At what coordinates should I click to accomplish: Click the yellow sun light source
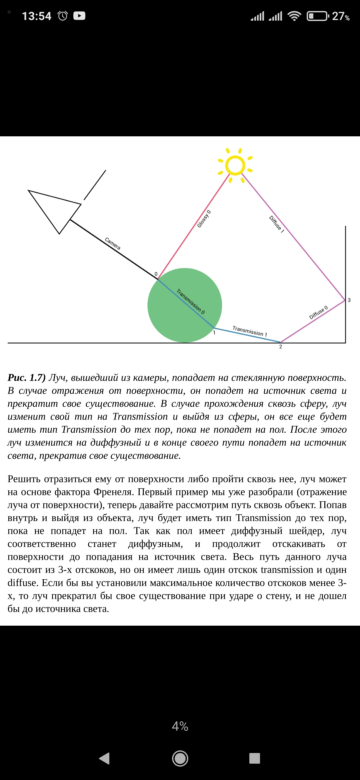(x=235, y=165)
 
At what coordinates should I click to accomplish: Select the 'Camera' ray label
(x=113, y=244)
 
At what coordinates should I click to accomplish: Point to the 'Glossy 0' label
(x=204, y=219)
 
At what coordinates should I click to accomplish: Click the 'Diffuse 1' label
(x=276, y=224)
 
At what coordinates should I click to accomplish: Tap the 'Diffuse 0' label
(x=318, y=312)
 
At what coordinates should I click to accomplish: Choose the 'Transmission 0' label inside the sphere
(x=191, y=301)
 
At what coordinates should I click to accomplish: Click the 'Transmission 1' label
(x=250, y=331)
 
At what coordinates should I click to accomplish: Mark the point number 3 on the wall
(x=349, y=300)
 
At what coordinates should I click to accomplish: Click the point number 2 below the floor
(x=281, y=347)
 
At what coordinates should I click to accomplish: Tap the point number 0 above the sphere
(x=156, y=274)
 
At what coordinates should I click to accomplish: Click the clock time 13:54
(x=37, y=16)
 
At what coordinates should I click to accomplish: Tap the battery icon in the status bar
(x=317, y=16)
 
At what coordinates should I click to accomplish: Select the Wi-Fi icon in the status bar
(x=294, y=16)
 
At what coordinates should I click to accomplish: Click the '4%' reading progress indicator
(x=180, y=726)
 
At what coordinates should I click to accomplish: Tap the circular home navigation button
(x=180, y=758)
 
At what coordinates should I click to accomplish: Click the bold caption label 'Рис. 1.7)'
(x=27, y=378)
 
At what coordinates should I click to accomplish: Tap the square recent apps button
(x=255, y=758)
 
